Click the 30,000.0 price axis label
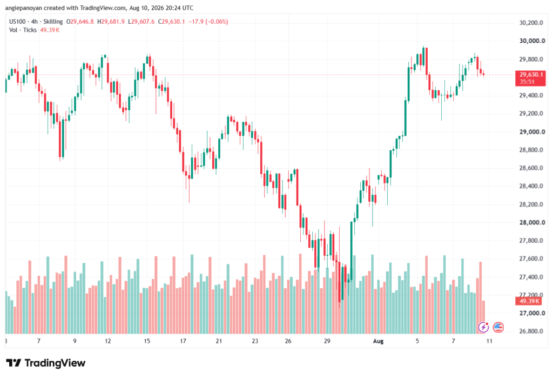pos(532,41)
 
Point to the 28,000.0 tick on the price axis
pos(532,223)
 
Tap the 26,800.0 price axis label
pos(531,331)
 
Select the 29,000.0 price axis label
pos(532,132)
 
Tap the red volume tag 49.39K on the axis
pos(529,301)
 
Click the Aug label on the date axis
pos(378,341)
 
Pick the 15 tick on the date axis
pos(147,341)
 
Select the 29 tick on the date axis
pos(327,341)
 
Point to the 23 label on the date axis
pos(255,341)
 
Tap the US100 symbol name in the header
pos(17,22)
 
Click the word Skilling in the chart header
pos(53,22)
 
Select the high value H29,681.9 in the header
pos(111,22)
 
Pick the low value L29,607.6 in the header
pos(141,22)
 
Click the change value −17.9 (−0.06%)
pos(208,22)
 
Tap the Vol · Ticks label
pos(23,30)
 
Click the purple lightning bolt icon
pos(483,327)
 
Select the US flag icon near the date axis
pos(498,327)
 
